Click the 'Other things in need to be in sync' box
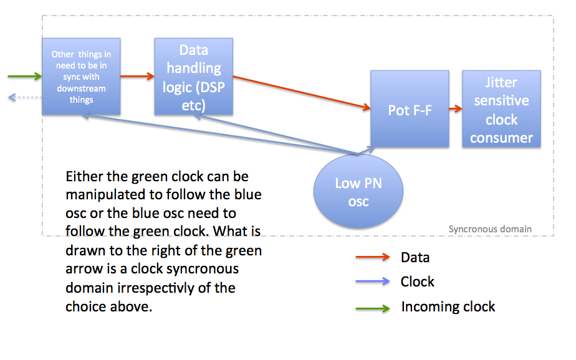81,77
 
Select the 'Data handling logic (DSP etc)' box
194,77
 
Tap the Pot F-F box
410,108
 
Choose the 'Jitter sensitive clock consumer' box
501,108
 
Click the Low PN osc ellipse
358,191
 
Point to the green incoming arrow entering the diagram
25,77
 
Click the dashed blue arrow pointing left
24,97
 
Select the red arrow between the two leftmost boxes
137,77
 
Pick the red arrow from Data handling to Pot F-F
302,92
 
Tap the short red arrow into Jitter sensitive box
456,108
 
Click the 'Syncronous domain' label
490,229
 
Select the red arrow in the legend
373,257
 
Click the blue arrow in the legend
373,282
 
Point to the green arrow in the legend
373,308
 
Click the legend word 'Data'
415,258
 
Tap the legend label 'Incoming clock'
448,307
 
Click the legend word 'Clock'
417,282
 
